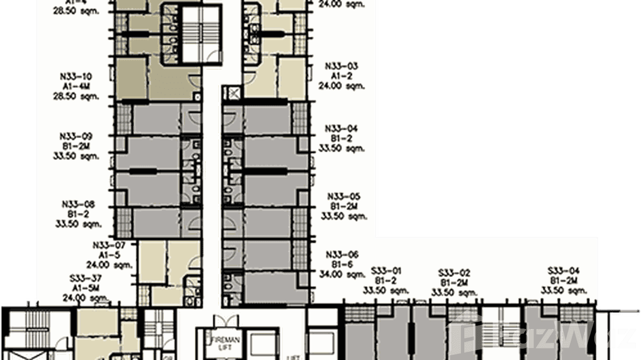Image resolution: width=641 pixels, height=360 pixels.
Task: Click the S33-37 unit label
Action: coord(85,278)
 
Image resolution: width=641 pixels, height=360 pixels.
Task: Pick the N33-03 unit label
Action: coord(342,66)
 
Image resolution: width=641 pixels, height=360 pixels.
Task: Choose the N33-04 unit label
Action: coord(342,128)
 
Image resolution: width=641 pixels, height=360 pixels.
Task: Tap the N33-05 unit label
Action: coord(343,197)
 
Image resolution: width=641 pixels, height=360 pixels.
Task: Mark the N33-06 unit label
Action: coord(342,254)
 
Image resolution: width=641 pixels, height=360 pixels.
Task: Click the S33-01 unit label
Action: coord(386,271)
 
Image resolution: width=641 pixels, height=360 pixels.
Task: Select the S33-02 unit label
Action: coord(454,273)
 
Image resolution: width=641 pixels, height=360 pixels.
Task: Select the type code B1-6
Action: coord(342,264)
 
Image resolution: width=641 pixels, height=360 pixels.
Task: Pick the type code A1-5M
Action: coord(84,287)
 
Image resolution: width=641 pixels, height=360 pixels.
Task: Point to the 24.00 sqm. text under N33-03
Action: coord(342,86)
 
